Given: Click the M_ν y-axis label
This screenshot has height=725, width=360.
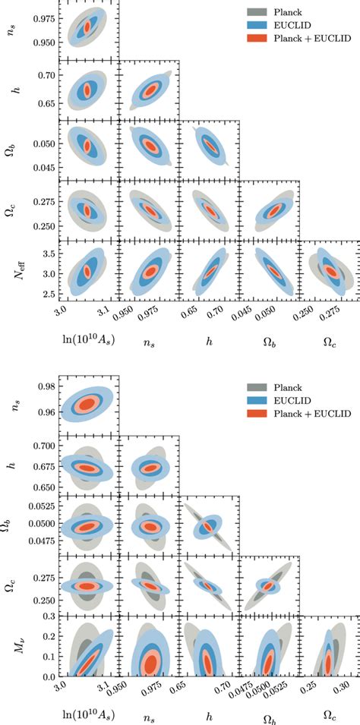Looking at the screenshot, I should (x=11, y=651).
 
